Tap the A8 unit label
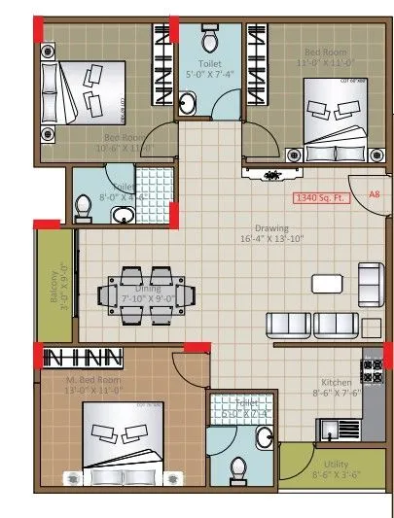click(373, 194)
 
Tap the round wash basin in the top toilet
click(188, 104)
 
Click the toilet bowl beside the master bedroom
click(238, 470)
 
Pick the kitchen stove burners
click(371, 369)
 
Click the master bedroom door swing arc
click(189, 367)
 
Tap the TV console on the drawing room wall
click(273, 175)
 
